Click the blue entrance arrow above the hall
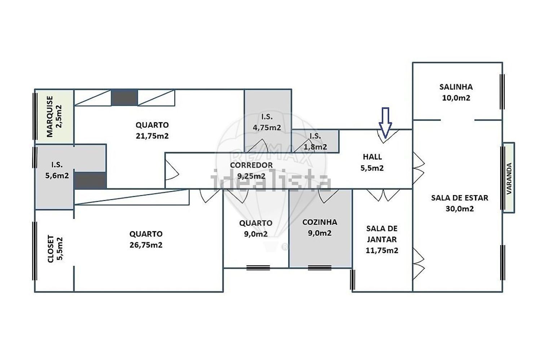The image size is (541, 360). [x=385, y=123]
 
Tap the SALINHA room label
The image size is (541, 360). [x=456, y=87]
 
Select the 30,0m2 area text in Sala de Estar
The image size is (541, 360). [x=459, y=209]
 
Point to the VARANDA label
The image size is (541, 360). [x=509, y=178]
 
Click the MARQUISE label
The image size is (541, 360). [x=49, y=117]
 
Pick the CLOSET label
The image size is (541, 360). [x=50, y=249]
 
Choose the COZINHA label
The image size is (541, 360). [x=320, y=222]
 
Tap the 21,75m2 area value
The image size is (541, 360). [x=152, y=136]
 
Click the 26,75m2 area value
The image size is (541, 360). [x=146, y=245]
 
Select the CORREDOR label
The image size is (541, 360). [x=251, y=165]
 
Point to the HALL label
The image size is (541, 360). [x=373, y=157]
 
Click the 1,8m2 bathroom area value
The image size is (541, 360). [x=315, y=147]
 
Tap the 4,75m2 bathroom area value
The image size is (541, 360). [x=267, y=128]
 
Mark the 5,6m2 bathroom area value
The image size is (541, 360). [x=57, y=176]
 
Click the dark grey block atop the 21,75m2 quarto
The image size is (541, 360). [x=124, y=98]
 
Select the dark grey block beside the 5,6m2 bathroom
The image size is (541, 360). [x=90, y=180]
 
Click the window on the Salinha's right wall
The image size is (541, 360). [x=502, y=92]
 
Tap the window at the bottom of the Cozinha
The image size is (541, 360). [x=320, y=267]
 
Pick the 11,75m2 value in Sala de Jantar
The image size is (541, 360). [x=382, y=251]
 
